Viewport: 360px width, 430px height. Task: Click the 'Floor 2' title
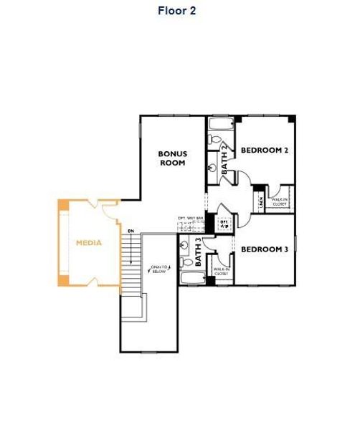[x=176, y=11]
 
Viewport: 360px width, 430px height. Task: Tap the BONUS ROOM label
[x=172, y=158]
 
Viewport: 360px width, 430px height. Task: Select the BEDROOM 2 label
[x=264, y=150]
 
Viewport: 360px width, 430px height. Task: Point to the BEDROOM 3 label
[x=264, y=249]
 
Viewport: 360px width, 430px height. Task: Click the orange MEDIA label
[x=89, y=243]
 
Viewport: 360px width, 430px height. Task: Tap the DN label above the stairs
[x=131, y=231]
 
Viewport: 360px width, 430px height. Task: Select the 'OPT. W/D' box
[x=224, y=223]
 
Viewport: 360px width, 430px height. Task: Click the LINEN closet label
[x=261, y=203]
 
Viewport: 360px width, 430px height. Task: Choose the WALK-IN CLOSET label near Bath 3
[x=222, y=272]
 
